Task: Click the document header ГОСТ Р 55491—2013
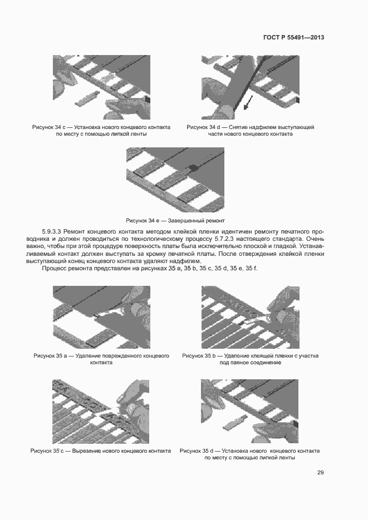click(x=293, y=38)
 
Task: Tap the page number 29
click(x=321, y=473)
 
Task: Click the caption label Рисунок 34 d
click(x=204, y=127)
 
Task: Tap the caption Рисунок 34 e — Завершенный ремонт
click(x=175, y=221)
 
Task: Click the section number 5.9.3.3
click(x=54, y=231)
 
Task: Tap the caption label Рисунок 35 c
click(x=48, y=450)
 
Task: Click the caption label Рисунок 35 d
click(x=198, y=450)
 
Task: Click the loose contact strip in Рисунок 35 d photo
click(x=233, y=424)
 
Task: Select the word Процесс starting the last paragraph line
click(x=55, y=269)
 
